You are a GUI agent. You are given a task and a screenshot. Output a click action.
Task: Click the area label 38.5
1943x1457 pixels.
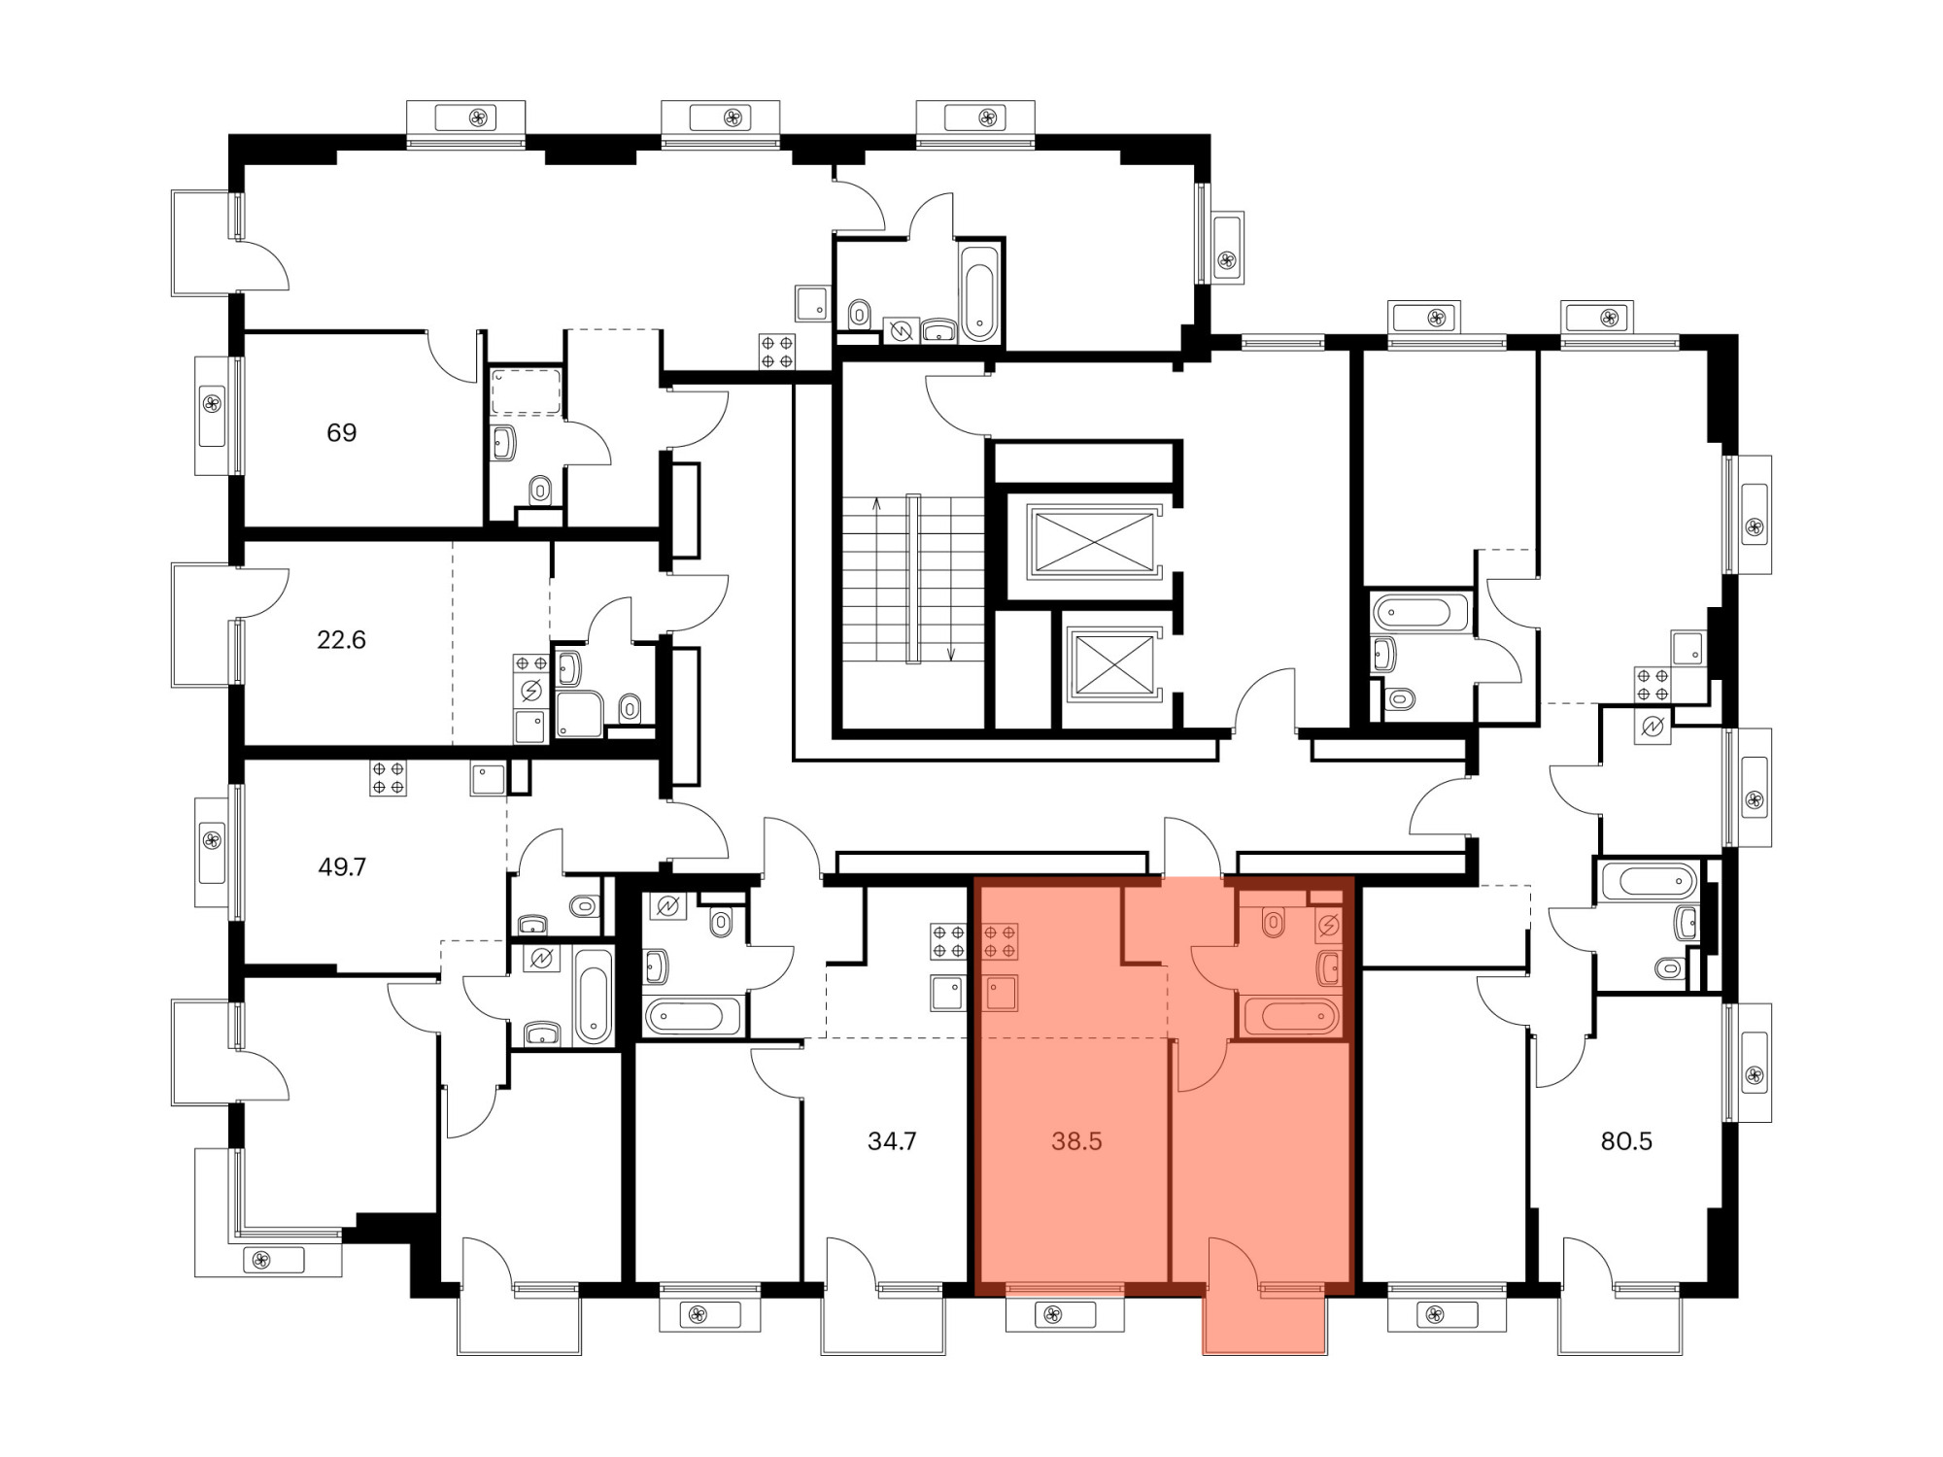(x=1076, y=1141)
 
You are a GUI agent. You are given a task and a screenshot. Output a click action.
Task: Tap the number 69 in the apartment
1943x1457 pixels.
(x=341, y=432)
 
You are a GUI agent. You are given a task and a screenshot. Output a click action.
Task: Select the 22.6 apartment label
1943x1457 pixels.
(x=341, y=639)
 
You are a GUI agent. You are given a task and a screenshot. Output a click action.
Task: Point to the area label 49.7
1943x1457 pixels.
(x=342, y=866)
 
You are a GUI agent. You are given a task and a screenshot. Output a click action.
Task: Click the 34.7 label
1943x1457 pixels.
(x=892, y=1141)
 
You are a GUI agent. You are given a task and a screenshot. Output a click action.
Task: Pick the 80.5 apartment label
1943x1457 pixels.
(x=1626, y=1141)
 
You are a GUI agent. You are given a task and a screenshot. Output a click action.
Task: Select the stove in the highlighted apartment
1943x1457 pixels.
(x=1001, y=941)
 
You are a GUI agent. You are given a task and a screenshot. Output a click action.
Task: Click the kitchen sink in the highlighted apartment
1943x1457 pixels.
(x=1001, y=993)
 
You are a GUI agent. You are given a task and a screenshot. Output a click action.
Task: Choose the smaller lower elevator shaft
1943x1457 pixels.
(x=1113, y=664)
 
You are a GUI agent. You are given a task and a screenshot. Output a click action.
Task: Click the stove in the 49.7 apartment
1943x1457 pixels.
(x=388, y=779)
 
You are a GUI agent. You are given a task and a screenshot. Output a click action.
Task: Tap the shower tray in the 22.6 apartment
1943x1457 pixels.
(x=579, y=714)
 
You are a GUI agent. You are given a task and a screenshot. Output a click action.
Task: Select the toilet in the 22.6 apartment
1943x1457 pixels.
(x=630, y=708)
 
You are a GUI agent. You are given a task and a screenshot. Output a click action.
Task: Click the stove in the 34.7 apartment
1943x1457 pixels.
(x=948, y=941)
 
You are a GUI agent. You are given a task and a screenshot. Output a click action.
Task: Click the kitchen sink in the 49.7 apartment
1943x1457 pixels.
(x=488, y=779)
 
